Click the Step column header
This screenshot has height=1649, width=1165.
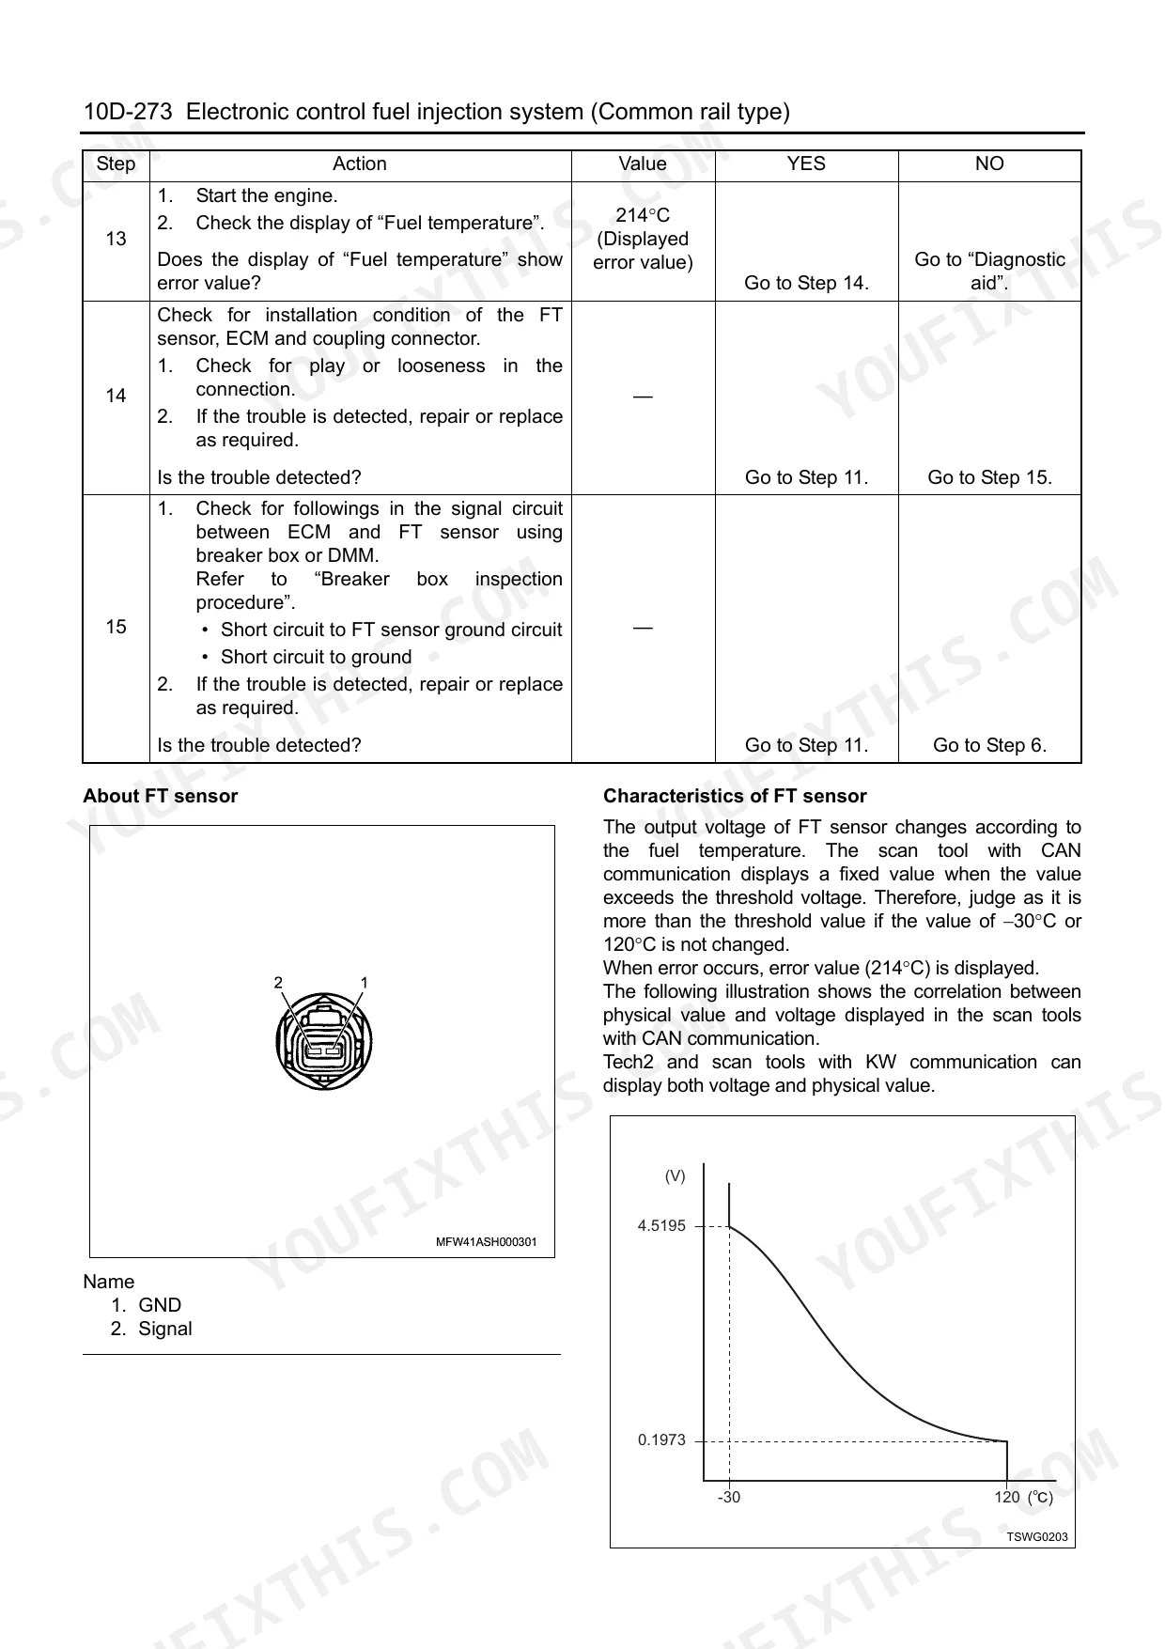click(x=116, y=164)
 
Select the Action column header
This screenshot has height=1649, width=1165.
click(x=359, y=164)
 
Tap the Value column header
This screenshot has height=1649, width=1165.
click(x=643, y=164)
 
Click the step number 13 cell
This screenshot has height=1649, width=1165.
click(x=116, y=239)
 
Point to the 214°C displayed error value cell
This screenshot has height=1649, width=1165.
click(x=643, y=239)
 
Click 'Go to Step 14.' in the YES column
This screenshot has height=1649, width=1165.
click(x=806, y=283)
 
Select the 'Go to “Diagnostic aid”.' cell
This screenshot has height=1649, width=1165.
click(x=989, y=271)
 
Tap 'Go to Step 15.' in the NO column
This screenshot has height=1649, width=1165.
click(x=989, y=477)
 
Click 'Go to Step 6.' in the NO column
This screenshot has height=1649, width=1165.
click(x=989, y=745)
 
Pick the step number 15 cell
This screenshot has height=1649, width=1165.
click(x=116, y=627)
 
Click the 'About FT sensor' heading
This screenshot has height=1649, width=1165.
click(x=161, y=796)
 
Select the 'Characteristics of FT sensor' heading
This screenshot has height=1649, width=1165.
click(x=735, y=796)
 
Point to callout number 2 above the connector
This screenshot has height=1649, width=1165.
click(x=278, y=983)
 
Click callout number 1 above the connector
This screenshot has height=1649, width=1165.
click(x=365, y=983)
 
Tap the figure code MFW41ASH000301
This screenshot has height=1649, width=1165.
click(x=486, y=1242)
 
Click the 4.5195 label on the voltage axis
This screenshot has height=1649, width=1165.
click(x=661, y=1226)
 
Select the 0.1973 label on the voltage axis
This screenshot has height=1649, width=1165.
click(x=661, y=1440)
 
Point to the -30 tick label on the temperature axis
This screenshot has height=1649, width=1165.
click(x=728, y=1498)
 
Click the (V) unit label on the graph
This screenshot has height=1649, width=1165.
click(x=675, y=1176)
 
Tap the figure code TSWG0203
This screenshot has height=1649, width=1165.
click(x=1037, y=1537)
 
